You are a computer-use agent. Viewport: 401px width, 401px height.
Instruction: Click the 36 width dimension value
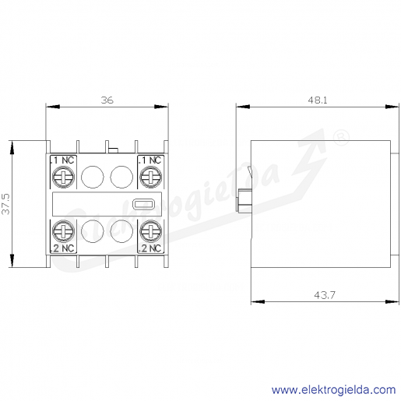(x=107, y=100)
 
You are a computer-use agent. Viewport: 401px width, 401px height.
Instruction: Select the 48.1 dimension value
(x=318, y=100)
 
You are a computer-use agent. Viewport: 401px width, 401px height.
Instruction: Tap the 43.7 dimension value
(x=325, y=295)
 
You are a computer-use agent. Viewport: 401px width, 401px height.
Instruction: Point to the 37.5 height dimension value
(x=5, y=204)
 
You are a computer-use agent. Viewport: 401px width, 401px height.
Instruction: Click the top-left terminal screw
(x=63, y=177)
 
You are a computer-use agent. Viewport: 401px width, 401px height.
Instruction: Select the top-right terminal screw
(x=151, y=177)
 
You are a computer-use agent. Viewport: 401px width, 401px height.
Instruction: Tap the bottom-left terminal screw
(x=63, y=231)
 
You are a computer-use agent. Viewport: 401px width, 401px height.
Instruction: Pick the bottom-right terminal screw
(x=151, y=231)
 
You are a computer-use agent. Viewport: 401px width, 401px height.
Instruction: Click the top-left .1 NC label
(x=62, y=160)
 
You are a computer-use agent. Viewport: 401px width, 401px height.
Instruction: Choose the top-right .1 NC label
(x=150, y=160)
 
